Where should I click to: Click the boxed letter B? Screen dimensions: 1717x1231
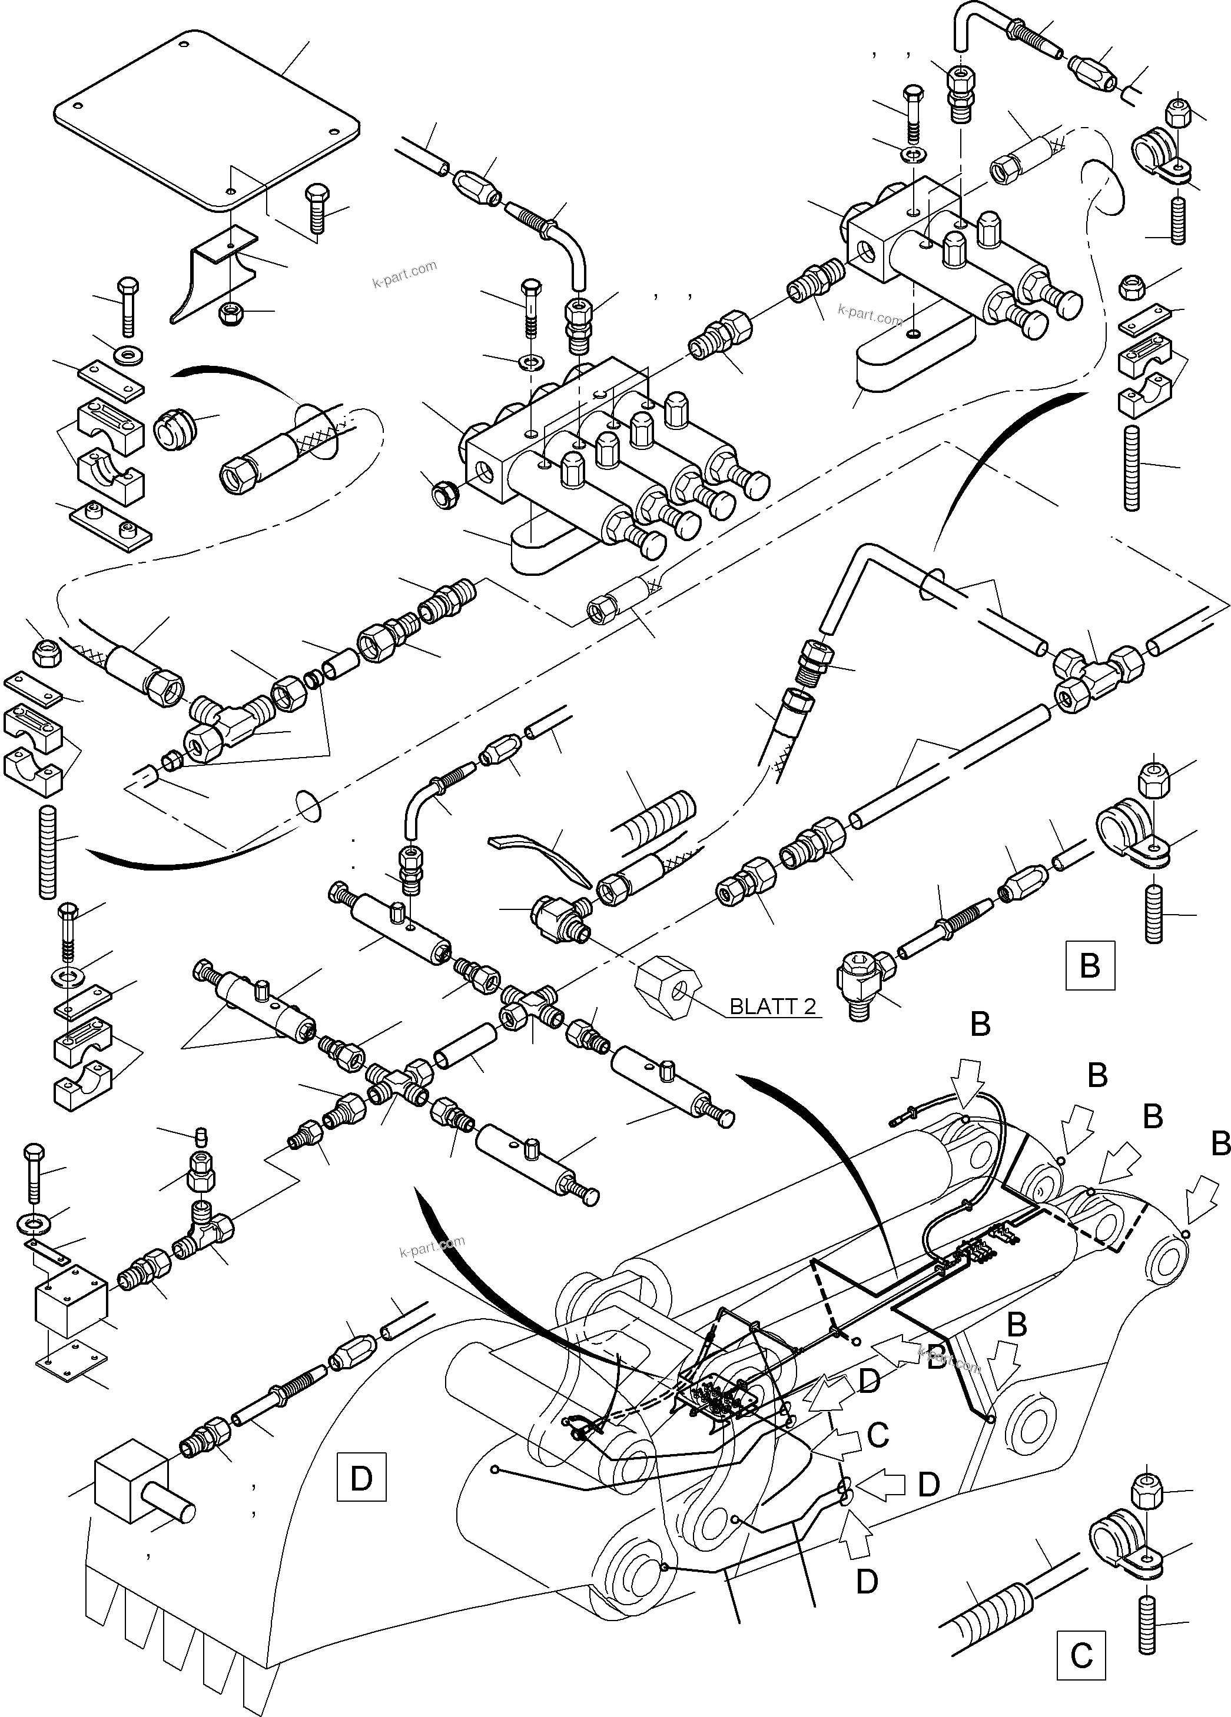coord(1089,965)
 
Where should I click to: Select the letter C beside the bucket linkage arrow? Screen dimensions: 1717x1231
coord(877,1435)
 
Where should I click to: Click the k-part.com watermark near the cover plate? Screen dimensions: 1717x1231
coord(404,274)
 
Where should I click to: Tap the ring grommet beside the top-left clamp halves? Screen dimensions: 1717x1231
coord(176,431)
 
